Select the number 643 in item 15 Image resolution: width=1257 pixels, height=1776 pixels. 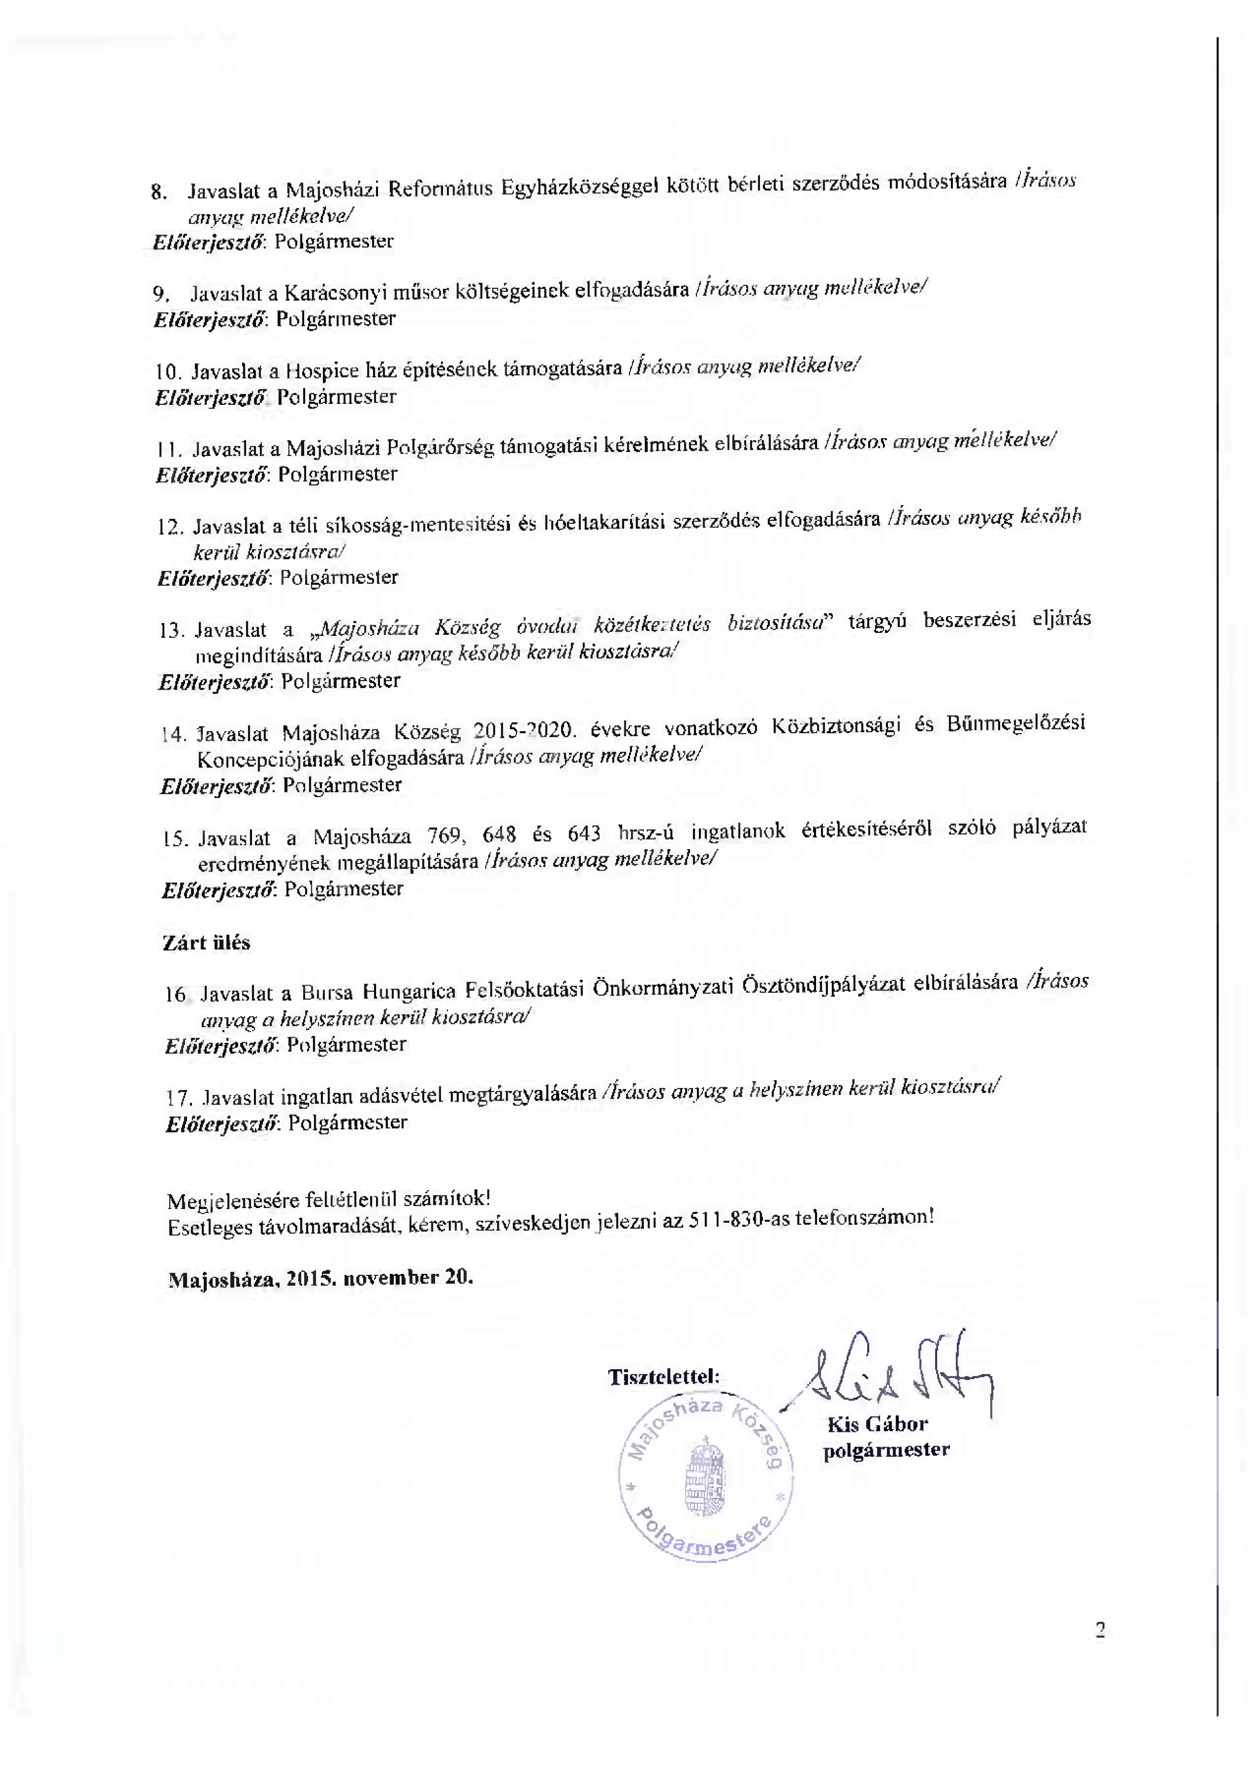(x=584, y=834)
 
